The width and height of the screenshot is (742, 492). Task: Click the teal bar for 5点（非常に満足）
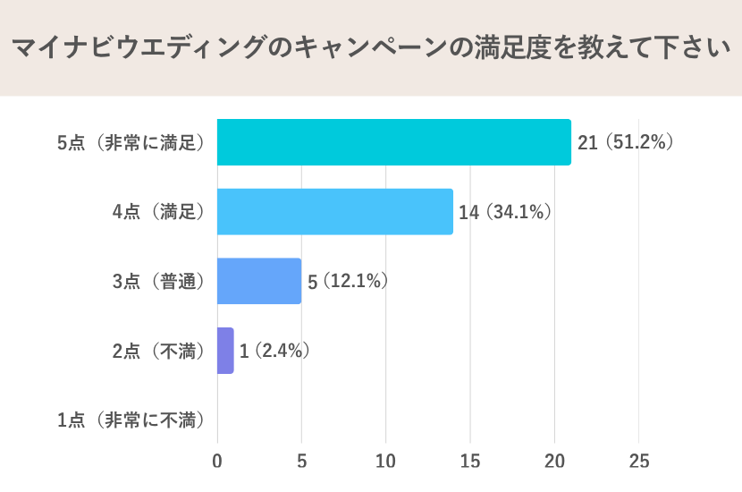click(393, 142)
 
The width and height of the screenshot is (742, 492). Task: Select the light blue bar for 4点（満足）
click(334, 212)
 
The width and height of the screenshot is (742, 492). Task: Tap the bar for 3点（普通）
click(258, 281)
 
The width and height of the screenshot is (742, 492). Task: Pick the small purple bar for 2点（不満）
click(225, 351)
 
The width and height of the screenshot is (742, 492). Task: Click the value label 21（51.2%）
click(625, 142)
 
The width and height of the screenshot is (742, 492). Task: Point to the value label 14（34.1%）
click(505, 212)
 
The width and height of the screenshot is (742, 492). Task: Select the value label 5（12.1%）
click(348, 281)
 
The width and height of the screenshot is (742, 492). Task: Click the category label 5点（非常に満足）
click(131, 142)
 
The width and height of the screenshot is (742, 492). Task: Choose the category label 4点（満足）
click(159, 212)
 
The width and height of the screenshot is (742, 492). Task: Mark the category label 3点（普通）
click(159, 281)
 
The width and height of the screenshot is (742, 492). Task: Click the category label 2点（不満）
click(159, 351)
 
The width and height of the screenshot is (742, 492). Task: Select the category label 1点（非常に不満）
click(131, 420)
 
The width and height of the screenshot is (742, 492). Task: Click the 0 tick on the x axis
click(217, 462)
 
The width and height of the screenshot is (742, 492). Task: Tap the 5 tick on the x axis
click(301, 462)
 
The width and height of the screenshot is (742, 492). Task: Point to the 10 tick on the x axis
click(386, 462)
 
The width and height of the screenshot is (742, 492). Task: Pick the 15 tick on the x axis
click(470, 462)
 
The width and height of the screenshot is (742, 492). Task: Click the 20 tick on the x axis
click(554, 462)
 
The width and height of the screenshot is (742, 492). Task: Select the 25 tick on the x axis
click(638, 462)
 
